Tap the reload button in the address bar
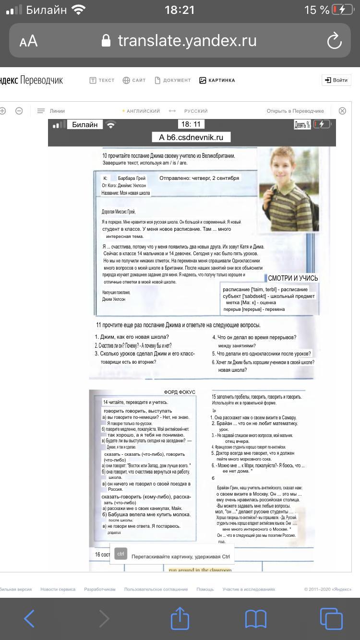click(334, 41)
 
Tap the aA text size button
click(29, 41)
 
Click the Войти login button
click(336, 80)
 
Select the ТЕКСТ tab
click(102, 80)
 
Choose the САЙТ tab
click(134, 80)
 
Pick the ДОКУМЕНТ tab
click(172, 80)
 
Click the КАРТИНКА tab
click(217, 80)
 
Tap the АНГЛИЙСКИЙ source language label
click(143, 111)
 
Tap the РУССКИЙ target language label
click(196, 111)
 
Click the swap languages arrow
click(172, 111)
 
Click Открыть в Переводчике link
click(295, 111)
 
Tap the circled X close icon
click(342, 111)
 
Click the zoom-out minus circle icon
click(19, 111)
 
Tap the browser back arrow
click(29, 618)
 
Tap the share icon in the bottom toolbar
click(180, 618)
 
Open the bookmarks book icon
click(255, 618)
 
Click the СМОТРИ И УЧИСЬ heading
click(293, 278)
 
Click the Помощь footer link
click(205, 589)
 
